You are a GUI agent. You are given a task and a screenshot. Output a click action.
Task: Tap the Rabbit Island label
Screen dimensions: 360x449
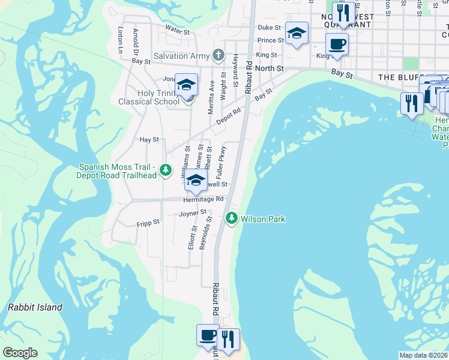(35, 307)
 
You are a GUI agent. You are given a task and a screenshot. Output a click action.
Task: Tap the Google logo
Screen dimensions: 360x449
(20, 353)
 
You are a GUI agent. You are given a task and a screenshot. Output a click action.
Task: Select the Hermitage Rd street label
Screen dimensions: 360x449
(203, 199)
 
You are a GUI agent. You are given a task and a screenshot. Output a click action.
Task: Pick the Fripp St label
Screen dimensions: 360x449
(148, 222)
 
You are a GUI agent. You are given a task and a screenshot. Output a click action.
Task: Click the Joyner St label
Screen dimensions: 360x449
(192, 212)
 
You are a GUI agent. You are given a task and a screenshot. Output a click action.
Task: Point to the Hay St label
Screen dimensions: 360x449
(148, 139)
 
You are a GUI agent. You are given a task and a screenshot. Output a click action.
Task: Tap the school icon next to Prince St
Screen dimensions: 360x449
(297, 34)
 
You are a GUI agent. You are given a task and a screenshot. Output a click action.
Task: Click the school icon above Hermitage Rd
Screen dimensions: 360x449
(196, 180)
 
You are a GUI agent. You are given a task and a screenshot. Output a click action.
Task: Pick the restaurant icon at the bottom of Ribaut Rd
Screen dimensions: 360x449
(228, 339)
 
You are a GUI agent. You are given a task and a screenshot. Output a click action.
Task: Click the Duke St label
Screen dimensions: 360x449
(269, 28)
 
